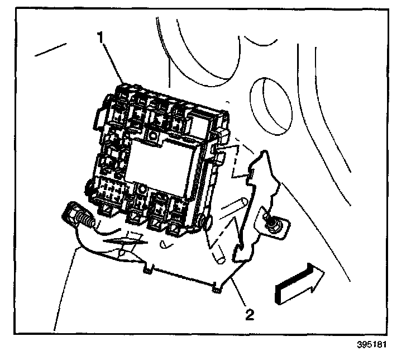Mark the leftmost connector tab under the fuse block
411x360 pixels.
107,211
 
